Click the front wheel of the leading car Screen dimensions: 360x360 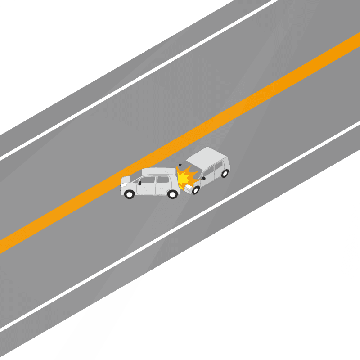coord(130,194)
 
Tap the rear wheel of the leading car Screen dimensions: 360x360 coord(172,194)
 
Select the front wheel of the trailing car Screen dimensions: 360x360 coord(195,190)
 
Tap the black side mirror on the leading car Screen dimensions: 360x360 coord(139,183)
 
